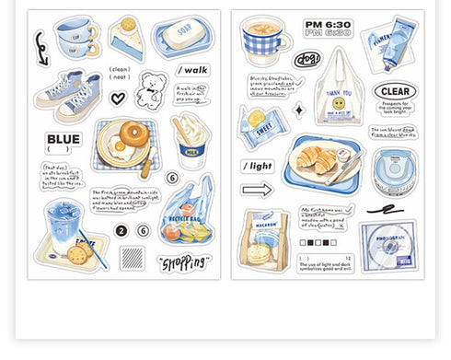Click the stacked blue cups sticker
point(76,39)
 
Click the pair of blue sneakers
point(69,95)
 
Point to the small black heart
point(118,98)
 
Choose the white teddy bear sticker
point(150,90)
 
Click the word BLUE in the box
point(64,140)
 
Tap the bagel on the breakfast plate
point(133,134)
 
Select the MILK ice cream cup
point(191,140)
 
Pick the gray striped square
point(133,257)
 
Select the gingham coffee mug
point(264,42)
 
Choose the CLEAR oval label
point(395,92)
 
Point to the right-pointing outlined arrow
point(257,190)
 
